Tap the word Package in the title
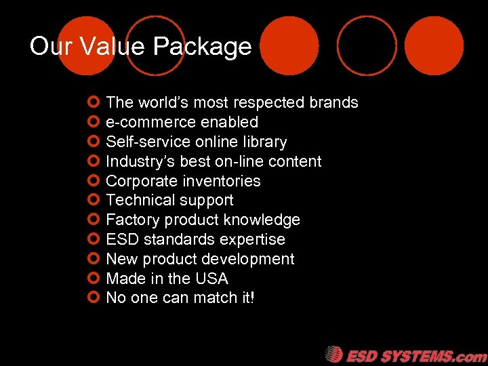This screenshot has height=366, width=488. [202, 47]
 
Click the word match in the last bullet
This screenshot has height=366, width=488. [208, 298]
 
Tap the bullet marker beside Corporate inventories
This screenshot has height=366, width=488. [94, 180]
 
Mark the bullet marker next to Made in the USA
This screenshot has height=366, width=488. [94, 278]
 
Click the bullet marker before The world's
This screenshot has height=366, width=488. [94, 102]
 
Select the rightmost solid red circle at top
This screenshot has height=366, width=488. [434, 45]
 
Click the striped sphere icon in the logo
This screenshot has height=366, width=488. [333, 354]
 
